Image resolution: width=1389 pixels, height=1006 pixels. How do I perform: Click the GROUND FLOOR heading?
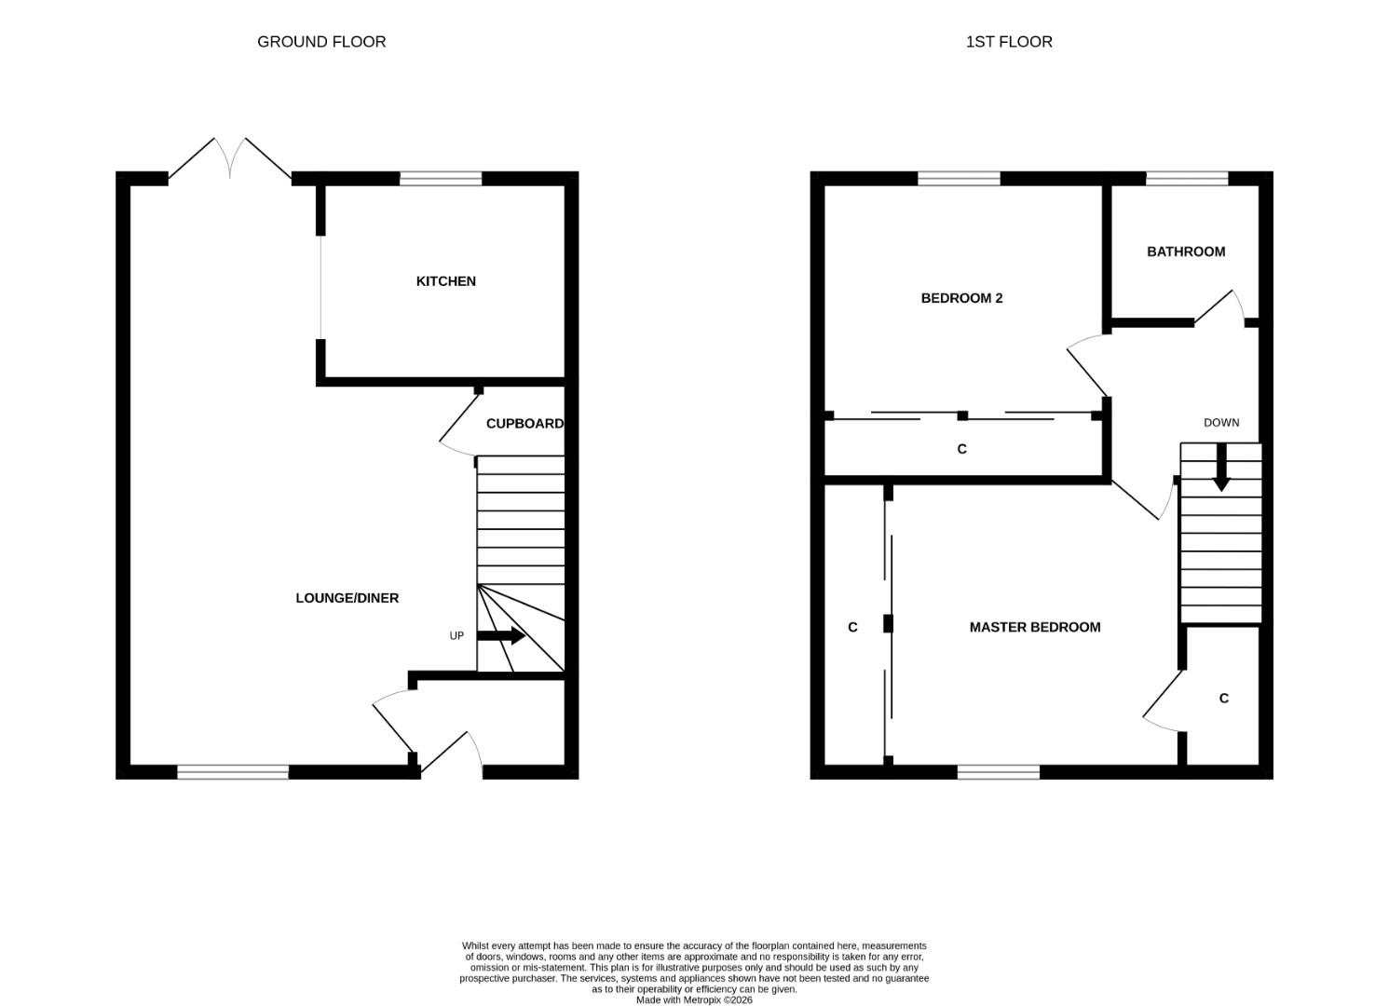[x=321, y=42]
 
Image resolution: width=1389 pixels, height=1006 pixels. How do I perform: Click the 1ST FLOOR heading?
[x=1009, y=42]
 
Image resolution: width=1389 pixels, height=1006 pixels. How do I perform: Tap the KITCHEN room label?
[x=446, y=281]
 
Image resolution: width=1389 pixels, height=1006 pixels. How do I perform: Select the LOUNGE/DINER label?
[x=347, y=598]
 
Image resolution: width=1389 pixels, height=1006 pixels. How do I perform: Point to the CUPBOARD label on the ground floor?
[x=524, y=423]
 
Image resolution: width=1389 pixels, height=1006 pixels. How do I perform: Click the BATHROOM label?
[x=1186, y=251]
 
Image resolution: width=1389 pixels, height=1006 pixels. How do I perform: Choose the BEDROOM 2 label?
[x=961, y=298]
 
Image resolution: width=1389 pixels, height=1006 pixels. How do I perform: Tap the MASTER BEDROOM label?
[x=1035, y=627]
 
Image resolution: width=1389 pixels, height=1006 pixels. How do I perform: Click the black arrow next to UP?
[x=501, y=635]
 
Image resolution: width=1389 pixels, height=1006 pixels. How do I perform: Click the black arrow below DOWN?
[x=1221, y=468]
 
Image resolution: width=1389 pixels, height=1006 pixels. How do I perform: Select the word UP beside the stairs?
[x=456, y=636]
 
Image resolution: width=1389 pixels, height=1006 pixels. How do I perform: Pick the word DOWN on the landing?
[x=1221, y=423]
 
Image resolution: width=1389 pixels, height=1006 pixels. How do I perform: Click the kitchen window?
[x=441, y=179]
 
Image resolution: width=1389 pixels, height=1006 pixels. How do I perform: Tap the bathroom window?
[x=1187, y=179]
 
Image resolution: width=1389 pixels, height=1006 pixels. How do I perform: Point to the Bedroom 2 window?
[x=959, y=179]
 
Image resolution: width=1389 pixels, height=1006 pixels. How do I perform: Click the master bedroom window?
[x=999, y=771]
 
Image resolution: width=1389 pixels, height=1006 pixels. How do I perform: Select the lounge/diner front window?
[x=233, y=771]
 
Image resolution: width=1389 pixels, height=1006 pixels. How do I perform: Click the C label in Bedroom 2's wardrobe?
[x=961, y=449]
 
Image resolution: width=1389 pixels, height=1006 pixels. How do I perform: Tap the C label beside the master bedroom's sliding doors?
[x=852, y=627]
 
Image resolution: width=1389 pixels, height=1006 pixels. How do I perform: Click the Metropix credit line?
[x=694, y=999]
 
